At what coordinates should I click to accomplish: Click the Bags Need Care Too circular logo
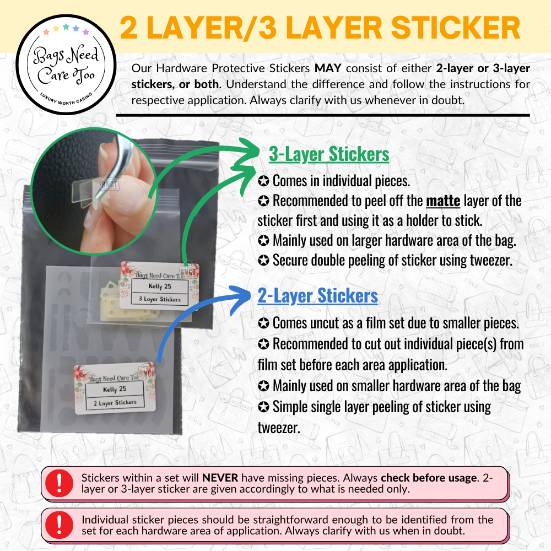(66, 64)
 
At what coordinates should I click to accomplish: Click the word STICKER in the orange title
(456, 28)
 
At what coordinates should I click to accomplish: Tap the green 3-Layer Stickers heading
(329, 154)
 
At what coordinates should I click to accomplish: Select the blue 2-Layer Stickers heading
(318, 295)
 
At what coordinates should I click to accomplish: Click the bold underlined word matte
(443, 201)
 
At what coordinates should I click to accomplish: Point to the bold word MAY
(328, 68)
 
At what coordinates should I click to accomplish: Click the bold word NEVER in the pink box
(220, 478)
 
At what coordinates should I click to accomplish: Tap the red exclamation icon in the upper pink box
(59, 483)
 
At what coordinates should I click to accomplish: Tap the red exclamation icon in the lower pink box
(59, 525)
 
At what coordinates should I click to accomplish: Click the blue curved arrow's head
(241, 299)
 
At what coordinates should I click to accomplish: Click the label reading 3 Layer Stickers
(160, 299)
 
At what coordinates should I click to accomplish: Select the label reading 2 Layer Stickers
(115, 402)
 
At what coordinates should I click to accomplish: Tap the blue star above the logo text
(76, 28)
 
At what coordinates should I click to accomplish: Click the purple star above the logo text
(86, 32)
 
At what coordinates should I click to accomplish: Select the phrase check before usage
(429, 478)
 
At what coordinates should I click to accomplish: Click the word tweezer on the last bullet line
(279, 428)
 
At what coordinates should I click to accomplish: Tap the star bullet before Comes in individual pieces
(263, 181)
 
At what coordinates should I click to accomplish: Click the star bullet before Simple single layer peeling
(263, 407)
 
